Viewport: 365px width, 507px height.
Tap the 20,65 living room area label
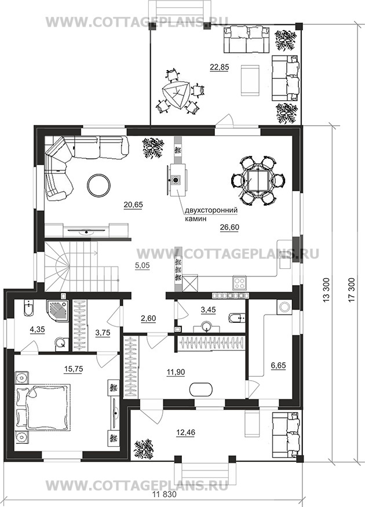[x=133, y=205]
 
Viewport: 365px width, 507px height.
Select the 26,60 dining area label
[x=229, y=227]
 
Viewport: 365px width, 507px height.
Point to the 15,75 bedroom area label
[x=74, y=369]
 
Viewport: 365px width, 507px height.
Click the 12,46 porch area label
[x=185, y=432]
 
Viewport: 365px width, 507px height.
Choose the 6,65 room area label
[x=278, y=366]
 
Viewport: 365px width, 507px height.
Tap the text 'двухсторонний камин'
[x=211, y=214]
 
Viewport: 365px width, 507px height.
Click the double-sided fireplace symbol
[x=176, y=180]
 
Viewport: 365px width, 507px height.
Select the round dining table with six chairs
[x=258, y=180]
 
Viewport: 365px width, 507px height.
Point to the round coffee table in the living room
[x=98, y=185]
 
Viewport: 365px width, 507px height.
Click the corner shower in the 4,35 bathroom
[x=57, y=311]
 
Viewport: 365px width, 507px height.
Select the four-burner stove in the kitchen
[x=239, y=283]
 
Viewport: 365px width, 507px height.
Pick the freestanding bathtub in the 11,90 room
[x=201, y=389]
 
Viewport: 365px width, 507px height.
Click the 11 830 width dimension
[x=164, y=494]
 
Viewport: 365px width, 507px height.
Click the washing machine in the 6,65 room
[x=284, y=307]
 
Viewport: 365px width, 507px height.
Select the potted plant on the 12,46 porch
[x=143, y=449]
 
